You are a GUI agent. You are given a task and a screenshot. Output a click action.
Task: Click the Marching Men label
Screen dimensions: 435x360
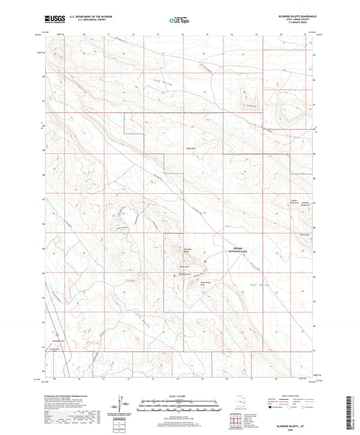[x=205, y=284]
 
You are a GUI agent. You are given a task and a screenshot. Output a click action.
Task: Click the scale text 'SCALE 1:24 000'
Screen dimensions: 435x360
[x=179, y=396]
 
